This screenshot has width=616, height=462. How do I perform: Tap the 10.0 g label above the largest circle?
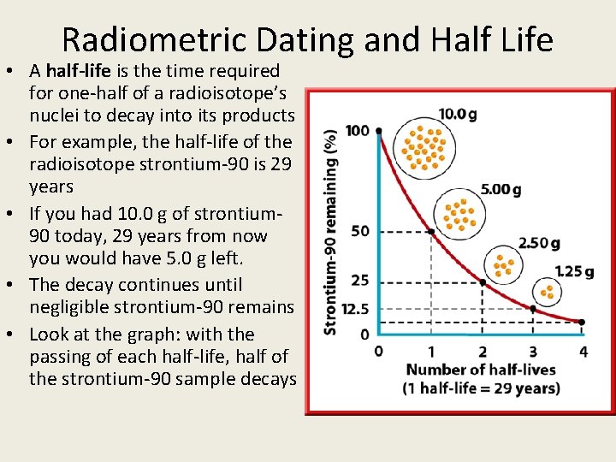458,113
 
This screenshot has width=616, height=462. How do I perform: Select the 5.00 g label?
500,189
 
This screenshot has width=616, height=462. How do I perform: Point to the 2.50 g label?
539,244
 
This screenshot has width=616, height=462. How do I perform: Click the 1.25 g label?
574,271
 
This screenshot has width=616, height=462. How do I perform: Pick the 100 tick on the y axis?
358,131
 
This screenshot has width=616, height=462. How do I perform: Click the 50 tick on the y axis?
360,231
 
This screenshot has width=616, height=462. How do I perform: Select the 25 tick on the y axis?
360,281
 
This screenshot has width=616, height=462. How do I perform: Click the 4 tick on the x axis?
583,351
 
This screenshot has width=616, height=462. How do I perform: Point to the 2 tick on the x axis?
483,351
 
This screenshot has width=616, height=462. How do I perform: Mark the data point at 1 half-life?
430,231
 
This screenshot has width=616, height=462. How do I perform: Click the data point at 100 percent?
379,131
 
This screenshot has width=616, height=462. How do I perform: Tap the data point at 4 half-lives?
583,323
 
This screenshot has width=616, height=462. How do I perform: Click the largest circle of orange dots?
425,147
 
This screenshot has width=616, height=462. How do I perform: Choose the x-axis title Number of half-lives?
480,370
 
